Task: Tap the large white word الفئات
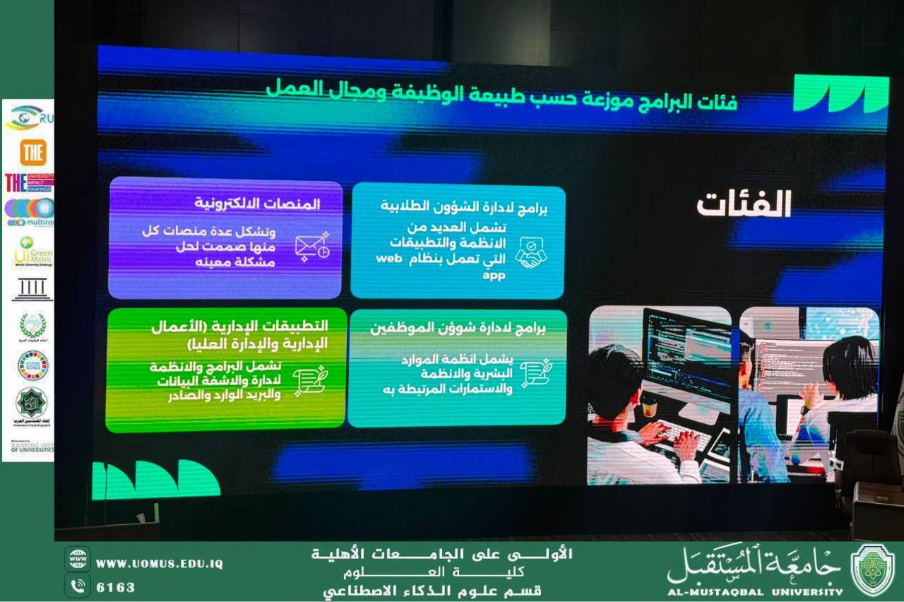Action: (744, 205)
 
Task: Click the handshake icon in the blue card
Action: (530, 252)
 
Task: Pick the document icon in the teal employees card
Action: (536, 373)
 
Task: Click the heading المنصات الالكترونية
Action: (257, 204)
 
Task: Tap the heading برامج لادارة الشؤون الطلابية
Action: (464, 207)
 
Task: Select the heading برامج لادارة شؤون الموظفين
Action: (458, 329)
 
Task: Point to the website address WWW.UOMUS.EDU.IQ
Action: (160, 564)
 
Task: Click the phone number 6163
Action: (115, 587)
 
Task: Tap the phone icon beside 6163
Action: (77, 586)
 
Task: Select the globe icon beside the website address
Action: (77, 559)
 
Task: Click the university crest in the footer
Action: (872, 569)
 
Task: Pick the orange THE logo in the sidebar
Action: (32, 153)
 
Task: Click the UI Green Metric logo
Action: (32, 252)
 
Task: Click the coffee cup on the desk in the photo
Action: (648, 405)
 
